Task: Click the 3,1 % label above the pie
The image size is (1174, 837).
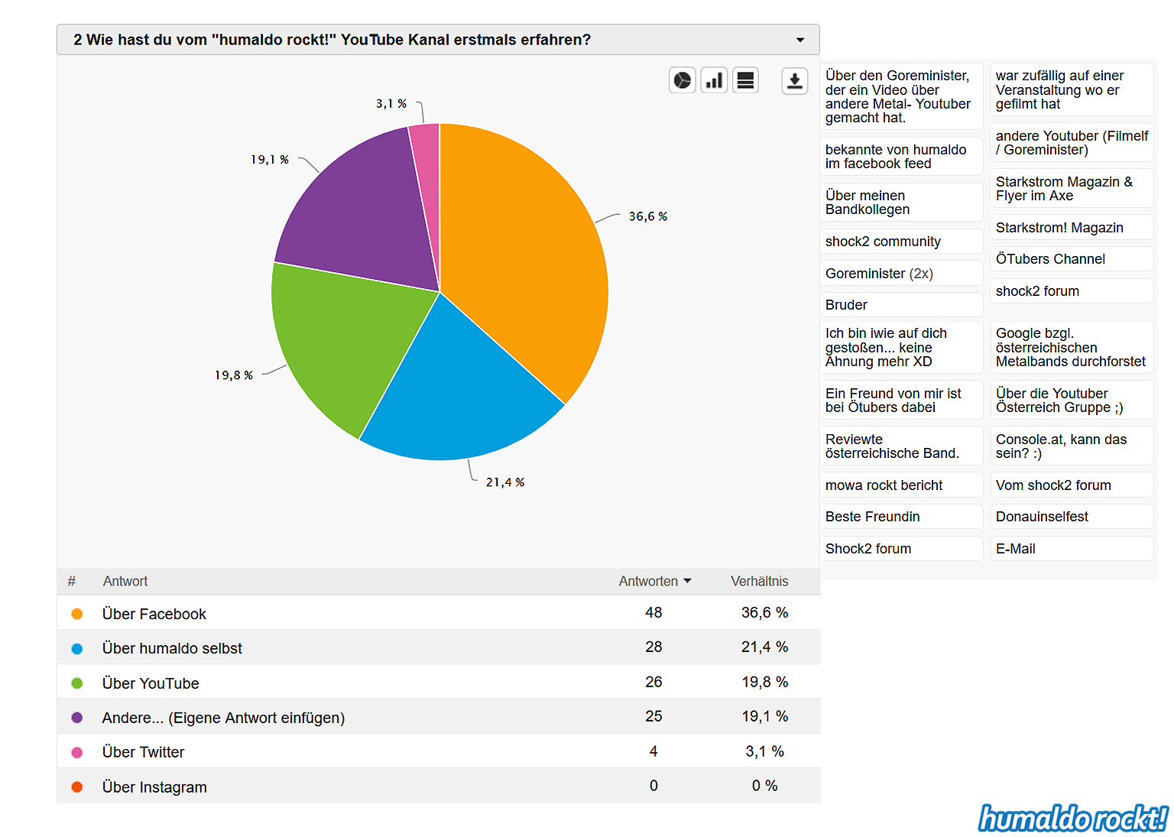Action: pyautogui.click(x=391, y=103)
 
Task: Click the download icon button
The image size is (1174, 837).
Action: pyautogui.click(x=795, y=80)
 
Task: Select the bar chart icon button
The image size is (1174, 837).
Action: pyautogui.click(x=714, y=80)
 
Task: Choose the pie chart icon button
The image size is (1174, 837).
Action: pyautogui.click(x=682, y=80)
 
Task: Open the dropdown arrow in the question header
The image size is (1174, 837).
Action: pyautogui.click(x=800, y=40)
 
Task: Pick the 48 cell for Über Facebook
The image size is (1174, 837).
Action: pyautogui.click(x=653, y=612)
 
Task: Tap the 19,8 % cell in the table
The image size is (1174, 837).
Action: pyautogui.click(x=764, y=682)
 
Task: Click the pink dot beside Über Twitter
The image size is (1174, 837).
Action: pyautogui.click(x=77, y=752)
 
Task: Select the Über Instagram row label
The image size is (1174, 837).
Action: pyautogui.click(x=154, y=787)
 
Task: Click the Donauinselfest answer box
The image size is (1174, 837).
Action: pyautogui.click(x=1071, y=517)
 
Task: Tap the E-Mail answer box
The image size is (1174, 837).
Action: pyautogui.click(x=1071, y=549)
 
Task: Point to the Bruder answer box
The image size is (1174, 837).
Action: pyautogui.click(x=901, y=305)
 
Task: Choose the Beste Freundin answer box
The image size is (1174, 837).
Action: pyautogui.click(x=901, y=517)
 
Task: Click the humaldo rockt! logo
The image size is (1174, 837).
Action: pyautogui.click(x=1073, y=819)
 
